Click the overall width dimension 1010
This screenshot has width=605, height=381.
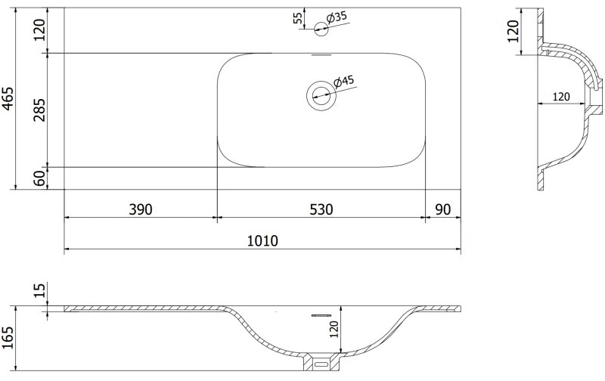(262, 240)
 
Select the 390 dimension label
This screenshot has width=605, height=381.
(141, 209)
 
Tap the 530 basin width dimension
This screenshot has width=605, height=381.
(321, 209)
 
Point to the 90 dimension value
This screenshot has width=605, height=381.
(442, 209)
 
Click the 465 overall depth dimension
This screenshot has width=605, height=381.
(8, 99)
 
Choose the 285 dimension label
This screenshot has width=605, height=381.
(39, 110)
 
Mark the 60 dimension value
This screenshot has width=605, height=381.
(39, 178)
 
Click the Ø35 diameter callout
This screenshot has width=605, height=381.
(337, 17)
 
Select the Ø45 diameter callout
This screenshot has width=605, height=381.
(343, 81)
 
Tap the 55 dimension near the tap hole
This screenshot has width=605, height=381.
(298, 18)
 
